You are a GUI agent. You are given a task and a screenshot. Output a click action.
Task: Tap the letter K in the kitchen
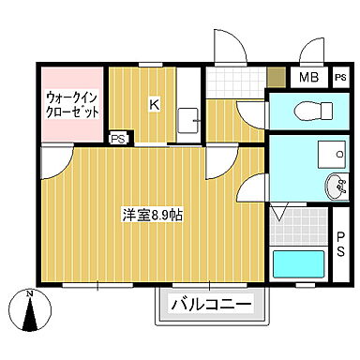153,104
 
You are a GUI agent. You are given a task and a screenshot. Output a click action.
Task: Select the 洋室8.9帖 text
152,215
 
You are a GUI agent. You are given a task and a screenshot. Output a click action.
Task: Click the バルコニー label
211,305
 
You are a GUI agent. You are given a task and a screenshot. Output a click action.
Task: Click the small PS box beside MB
337,79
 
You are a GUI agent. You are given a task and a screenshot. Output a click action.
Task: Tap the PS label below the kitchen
119,139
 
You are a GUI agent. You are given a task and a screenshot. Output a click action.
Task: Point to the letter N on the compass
29,296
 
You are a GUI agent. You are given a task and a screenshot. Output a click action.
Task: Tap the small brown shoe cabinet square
276,79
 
